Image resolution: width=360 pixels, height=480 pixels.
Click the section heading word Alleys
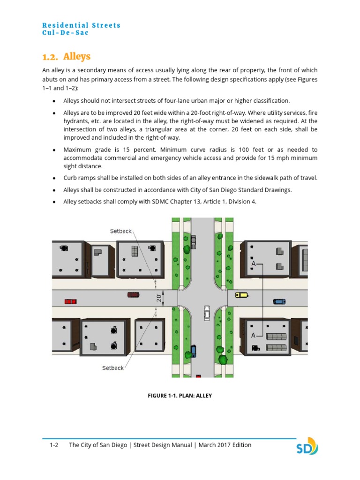click(77, 57)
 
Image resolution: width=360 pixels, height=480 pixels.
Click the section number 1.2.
click(50, 57)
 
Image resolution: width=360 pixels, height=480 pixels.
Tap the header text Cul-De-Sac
click(65, 33)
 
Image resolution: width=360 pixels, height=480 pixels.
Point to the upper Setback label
click(121, 231)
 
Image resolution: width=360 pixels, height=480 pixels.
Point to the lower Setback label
click(113, 368)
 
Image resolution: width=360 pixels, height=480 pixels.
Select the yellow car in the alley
click(241, 295)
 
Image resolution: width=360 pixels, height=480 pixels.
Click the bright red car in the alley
click(70, 301)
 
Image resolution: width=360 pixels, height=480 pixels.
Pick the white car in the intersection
click(207, 313)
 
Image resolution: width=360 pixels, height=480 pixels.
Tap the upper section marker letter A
click(254, 264)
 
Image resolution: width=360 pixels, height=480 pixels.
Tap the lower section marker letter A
click(254, 335)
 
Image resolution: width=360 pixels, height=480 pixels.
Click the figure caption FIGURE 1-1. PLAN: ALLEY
click(180, 396)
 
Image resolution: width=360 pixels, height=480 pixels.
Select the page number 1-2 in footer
click(54, 445)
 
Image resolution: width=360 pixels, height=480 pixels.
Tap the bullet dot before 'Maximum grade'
click(54, 150)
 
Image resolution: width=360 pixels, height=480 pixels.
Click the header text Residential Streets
click(81, 25)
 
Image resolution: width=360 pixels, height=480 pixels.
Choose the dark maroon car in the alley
click(133, 294)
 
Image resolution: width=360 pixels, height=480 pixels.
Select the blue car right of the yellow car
click(279, 301)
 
